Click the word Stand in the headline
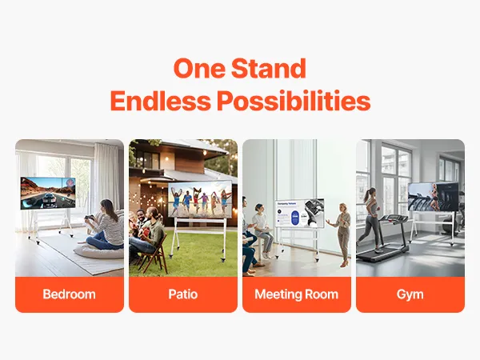(x=269, y=68)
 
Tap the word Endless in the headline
(x=161, y=101)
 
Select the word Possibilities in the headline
(x=294, y=101)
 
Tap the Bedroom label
(x=69, y=294)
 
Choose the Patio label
(x=183, y=294)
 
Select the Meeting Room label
(x=296, y=294)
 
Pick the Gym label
(x=410, y=294)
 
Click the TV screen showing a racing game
(x=48, y=193)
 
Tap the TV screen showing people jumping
(x=200, y=199)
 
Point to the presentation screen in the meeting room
(x=299, y=214)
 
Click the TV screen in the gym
(x=433, y=197)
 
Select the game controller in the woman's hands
(x=89, y=218)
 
